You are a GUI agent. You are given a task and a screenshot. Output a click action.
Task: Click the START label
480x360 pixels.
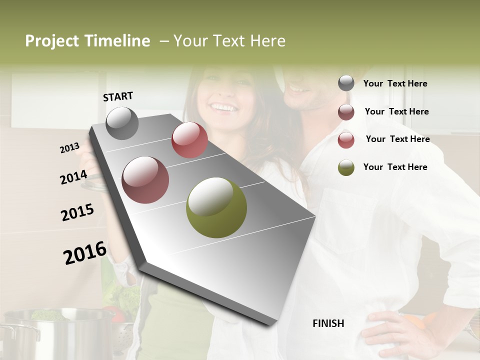click(118, 96)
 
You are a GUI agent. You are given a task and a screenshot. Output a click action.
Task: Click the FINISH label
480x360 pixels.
click(328, 323)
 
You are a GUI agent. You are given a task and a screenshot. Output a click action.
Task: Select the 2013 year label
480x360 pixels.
click(70, 148)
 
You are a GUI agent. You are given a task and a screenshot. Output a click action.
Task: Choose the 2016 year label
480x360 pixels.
click(85, 253)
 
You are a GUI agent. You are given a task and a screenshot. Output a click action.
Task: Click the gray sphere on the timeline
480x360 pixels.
click(122, 123)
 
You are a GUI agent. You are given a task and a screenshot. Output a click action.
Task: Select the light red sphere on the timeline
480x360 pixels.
click(189, 140)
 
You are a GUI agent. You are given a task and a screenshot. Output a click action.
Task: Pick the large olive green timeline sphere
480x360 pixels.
click(216, 207)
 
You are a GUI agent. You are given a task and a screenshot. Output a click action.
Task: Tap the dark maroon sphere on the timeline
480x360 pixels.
click(145, 180)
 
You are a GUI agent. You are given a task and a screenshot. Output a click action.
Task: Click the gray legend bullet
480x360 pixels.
click(346, 83)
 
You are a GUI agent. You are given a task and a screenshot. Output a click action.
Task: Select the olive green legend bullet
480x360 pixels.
click(346, 167)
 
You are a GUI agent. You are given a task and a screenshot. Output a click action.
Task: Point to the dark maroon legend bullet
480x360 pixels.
click(346, 112)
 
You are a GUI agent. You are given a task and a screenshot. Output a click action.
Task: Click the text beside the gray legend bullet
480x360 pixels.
click(395, 83)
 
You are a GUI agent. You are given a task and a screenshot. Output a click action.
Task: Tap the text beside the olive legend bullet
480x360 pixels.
click(395, 167)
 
